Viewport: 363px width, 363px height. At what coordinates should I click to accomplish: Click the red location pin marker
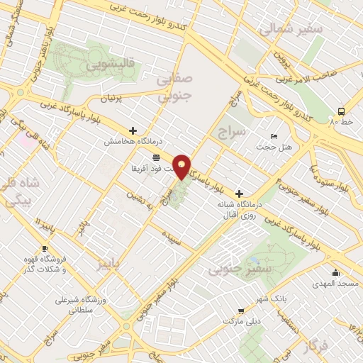182,166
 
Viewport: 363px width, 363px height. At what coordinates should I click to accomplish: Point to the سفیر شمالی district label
291,29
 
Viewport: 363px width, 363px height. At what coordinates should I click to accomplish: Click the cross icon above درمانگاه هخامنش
133,130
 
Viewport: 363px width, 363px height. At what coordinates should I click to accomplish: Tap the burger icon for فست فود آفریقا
156,157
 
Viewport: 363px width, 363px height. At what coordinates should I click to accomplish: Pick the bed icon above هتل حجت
274,136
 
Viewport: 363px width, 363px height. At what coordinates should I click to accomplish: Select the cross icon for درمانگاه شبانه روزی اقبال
239,194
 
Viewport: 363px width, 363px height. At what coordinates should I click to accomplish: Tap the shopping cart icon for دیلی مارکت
241,311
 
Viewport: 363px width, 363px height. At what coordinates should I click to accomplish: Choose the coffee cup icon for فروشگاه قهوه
45,248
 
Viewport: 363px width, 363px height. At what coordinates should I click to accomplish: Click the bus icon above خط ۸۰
342,111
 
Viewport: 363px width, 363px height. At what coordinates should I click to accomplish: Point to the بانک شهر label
253,298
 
